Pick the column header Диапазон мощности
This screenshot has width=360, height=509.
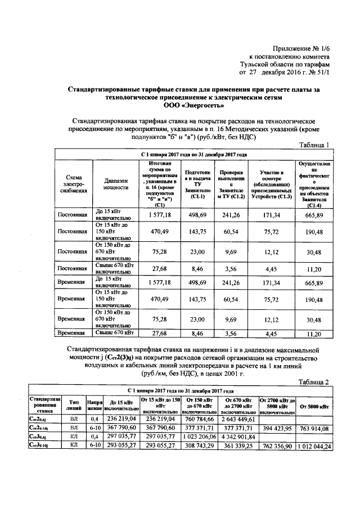[117, 185]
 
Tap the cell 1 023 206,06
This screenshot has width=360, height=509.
[199, 438]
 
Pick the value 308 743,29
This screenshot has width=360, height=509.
[199, 447]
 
